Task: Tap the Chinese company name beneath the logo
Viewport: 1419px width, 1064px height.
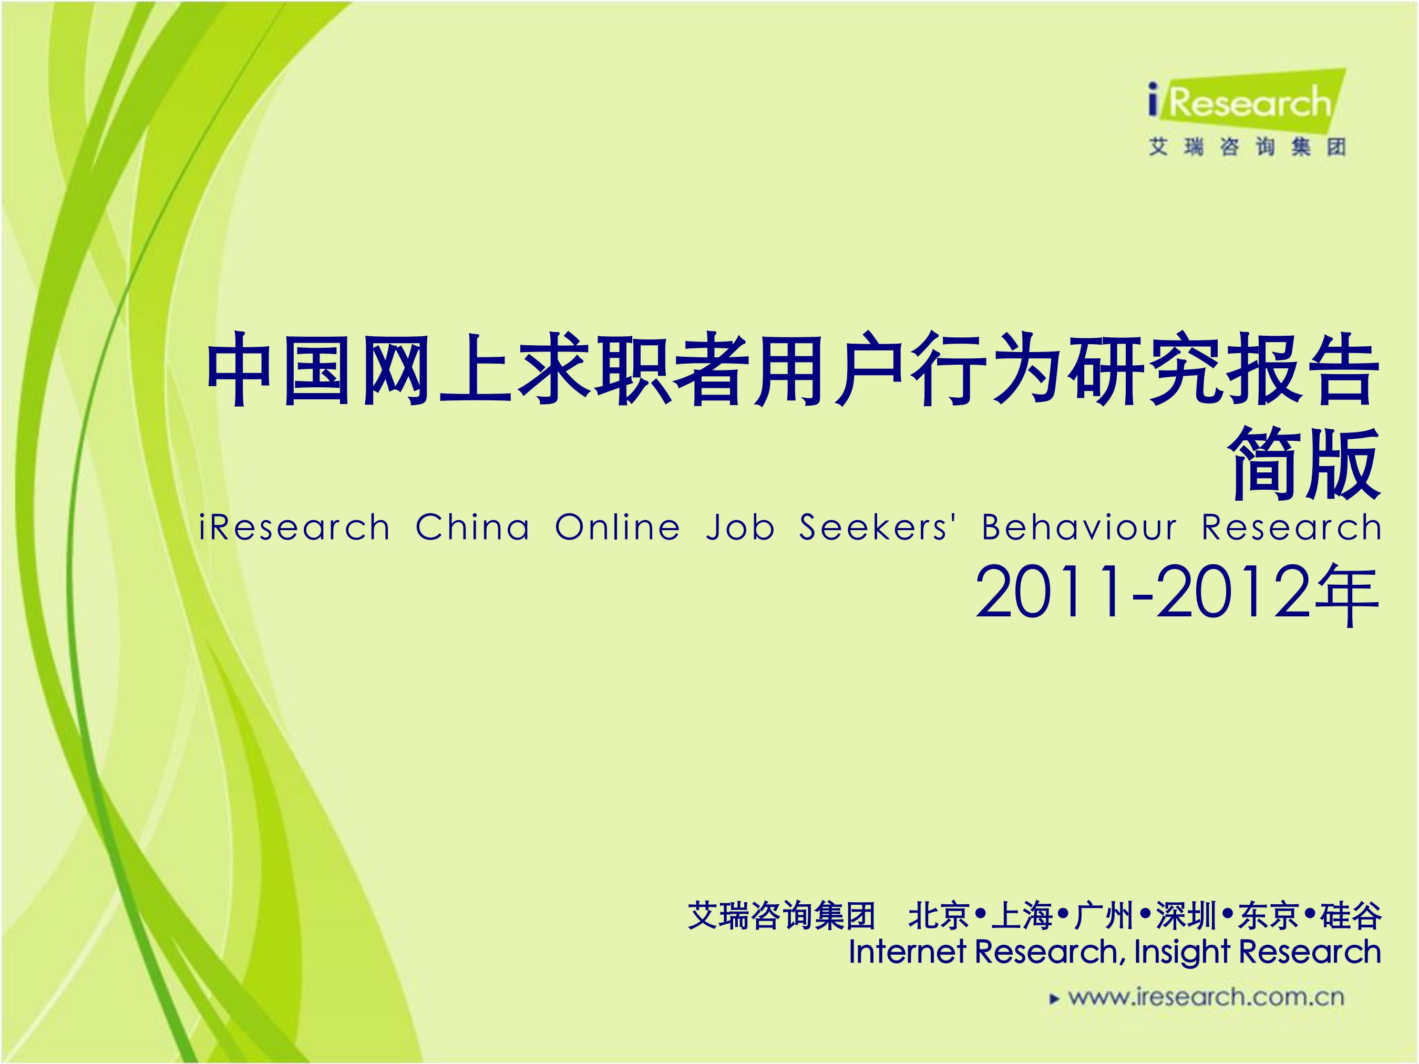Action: pos(1247,148)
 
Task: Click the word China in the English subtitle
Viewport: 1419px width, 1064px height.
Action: pos(473,528)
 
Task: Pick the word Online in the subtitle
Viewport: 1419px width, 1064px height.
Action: pos(617,528)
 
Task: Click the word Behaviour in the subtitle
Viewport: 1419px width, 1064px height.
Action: pos(1079,528)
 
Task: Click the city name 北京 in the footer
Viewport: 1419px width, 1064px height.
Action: pos(938,915)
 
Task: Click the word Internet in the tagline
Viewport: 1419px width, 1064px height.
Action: pos(907,951)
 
